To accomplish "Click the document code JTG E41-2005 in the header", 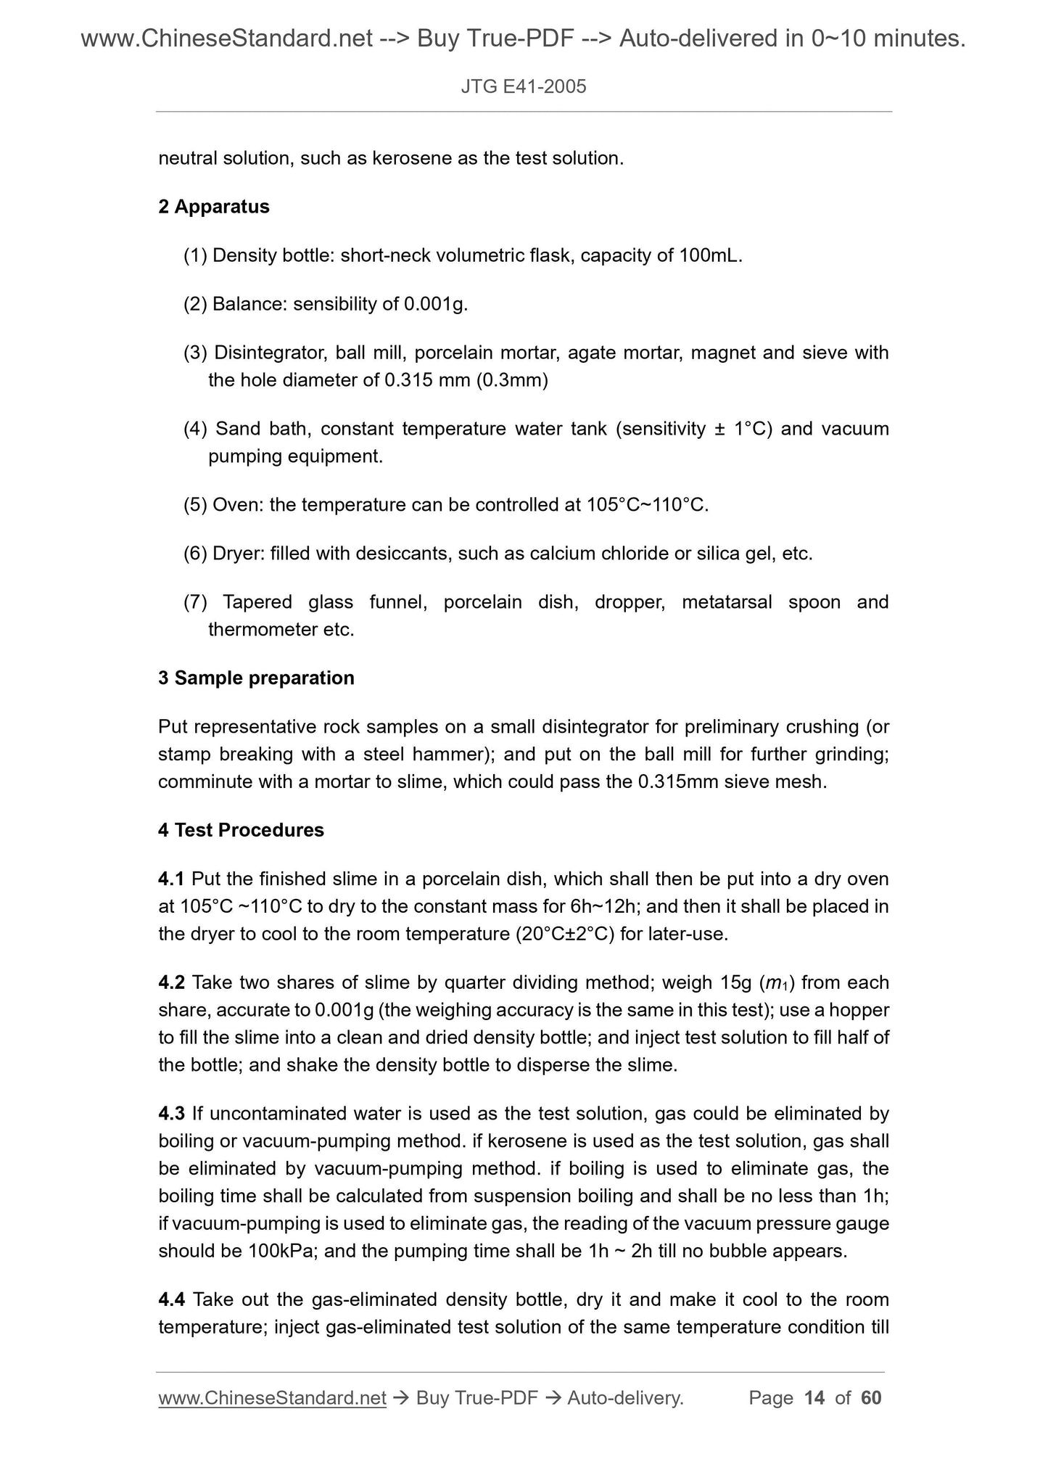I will coord(523,87).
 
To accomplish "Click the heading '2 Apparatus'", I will coord(213,207).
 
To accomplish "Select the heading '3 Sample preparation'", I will coord(256,678).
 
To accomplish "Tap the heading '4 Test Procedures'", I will coord(241,830).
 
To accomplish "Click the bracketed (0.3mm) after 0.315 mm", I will coord(512,379).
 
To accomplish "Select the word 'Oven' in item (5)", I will coord(236,504).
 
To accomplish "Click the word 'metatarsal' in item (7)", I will coord(726,602).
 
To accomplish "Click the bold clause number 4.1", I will coord(172,879).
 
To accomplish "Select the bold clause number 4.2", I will coord(172,982).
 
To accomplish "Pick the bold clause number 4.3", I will coord(172,1113).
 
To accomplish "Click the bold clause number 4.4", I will coord(172,1299).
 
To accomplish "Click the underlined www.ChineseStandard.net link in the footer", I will coord(272,1398).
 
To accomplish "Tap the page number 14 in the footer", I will coord(814,1398).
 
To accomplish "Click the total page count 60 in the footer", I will coord(870,1398).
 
